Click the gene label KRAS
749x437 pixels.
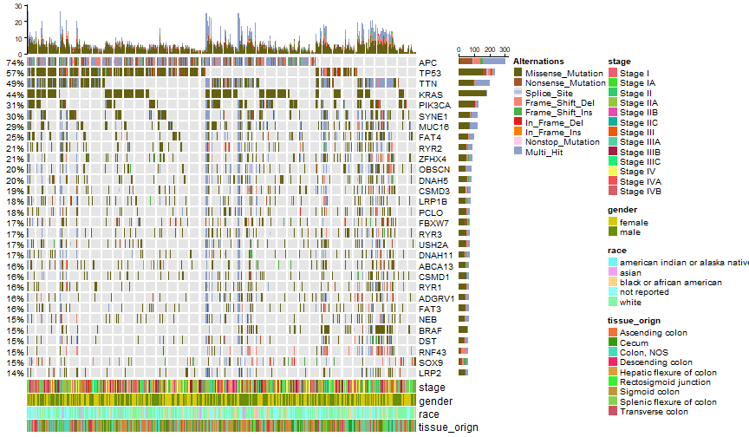coord(430,95)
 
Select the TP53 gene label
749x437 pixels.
coord(429,73)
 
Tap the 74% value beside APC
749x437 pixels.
coord(15,63)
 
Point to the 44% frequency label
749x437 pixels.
coord(15,95)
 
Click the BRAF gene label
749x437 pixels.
coord(430,330)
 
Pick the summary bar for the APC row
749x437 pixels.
coord(482,62)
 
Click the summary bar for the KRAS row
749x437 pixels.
coord(472,94)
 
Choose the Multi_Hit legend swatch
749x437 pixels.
coord(518,151)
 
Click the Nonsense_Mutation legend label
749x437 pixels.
coord(565,83)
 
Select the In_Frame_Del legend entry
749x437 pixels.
coord(554,123)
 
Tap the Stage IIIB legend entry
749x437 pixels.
coord(640,153)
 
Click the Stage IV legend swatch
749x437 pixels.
coord(613,171)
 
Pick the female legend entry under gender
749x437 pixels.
coord(634,223)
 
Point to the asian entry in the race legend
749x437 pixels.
coord(630,273)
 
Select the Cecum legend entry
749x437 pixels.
coord(634,342)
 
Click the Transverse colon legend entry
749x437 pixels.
coord(654,412)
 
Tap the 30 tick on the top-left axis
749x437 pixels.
coord(18,6)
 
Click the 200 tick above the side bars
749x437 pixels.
coord(490,49)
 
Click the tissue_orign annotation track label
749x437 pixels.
coord(448,427)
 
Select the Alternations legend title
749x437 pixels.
coord(538,62)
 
